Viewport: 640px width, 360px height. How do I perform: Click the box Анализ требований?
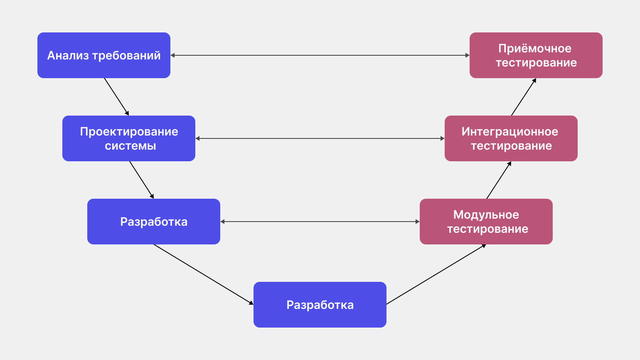tap(104, 55)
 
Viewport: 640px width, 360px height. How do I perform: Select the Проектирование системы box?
tap(129, 138)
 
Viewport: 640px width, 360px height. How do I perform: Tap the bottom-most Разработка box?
tap(320, 305)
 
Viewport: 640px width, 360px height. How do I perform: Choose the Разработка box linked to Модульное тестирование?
tap(154, 222)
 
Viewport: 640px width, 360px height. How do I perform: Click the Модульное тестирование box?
tap(486, 222)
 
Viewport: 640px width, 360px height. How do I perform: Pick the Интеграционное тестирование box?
tap(511, 138)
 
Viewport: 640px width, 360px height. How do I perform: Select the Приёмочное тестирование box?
tap(536, 55)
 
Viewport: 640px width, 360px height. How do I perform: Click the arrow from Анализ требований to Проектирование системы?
tap(116, 97)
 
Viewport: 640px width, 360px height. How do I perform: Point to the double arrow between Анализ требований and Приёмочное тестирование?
tap(320, 55)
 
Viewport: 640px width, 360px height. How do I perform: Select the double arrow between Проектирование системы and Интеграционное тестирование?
tap(320, 138)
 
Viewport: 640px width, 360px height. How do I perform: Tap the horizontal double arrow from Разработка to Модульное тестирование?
tap(320, 222)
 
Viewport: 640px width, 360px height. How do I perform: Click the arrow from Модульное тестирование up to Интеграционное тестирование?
tap(499, 180)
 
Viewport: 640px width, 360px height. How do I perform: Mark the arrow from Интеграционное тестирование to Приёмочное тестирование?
tap(524, 97)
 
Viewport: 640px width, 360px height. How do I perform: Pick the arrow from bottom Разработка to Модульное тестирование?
tap(436, 274)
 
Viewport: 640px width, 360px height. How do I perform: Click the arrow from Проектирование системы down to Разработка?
tap(141, 180)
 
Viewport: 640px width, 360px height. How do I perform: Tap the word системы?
tap(130, 146)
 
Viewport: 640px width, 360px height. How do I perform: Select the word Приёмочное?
tap(535, 48)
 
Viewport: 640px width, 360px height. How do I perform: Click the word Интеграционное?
tap(510, 132)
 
